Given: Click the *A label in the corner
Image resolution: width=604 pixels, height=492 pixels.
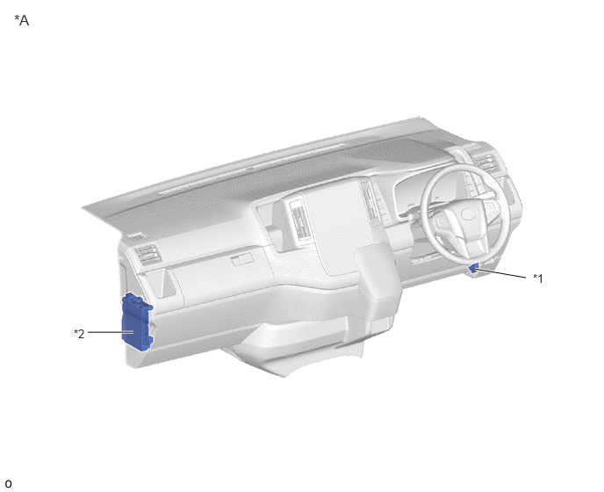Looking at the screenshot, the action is point(22,20).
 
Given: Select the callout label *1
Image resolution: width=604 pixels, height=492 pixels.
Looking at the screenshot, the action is point(538,278).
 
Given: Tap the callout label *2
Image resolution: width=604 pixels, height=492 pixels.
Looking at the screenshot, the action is point(79,334).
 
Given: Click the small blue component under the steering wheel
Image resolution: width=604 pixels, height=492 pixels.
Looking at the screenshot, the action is point(474,268).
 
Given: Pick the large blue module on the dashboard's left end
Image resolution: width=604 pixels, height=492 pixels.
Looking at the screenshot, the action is point(137,322).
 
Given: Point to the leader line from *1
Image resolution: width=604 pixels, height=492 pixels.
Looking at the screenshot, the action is point(501,273).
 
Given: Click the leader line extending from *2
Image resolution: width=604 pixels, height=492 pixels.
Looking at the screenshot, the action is point(111,332).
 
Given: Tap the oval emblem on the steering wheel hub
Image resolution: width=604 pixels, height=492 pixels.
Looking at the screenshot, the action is point(469,214).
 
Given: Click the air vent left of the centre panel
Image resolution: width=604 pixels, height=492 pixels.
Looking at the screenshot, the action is point(299,221).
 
